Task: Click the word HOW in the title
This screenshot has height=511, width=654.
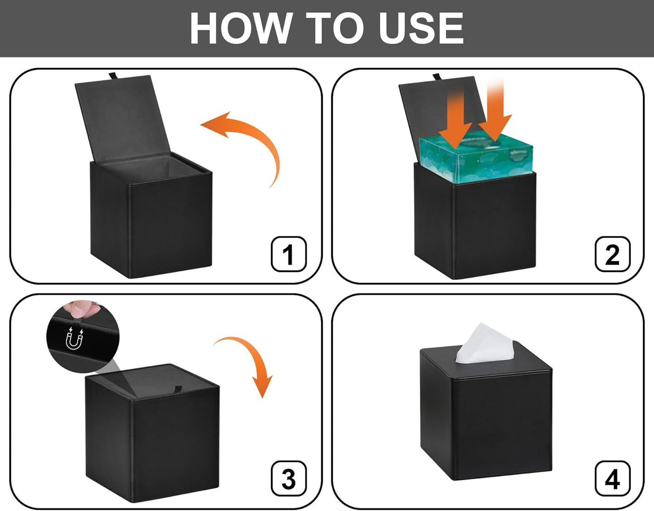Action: (239, 28)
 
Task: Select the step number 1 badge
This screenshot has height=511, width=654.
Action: (288, 254)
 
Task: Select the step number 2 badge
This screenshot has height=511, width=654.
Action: (612, 254)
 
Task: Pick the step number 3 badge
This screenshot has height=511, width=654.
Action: (288, 479)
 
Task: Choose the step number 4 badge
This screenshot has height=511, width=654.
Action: (612, 479)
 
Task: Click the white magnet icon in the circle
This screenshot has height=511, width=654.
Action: (75, 339)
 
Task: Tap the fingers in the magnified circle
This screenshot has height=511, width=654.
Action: (81, 309)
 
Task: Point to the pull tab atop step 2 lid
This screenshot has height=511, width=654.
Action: (437, 76)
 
